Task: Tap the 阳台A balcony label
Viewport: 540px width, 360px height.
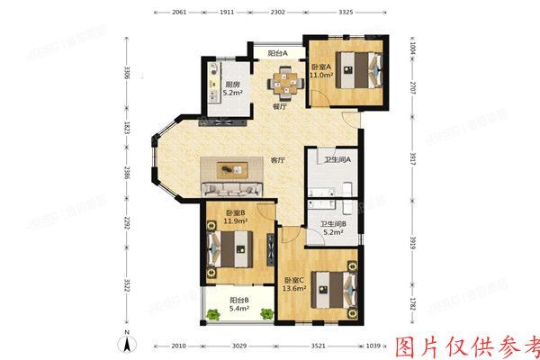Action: pyautogui.click(x=277, y=53)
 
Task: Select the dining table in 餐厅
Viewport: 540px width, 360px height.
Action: pyautogui.click(x=283, y=83)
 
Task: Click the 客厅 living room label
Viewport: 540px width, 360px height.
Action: pyautogui.click(x=278, y=160)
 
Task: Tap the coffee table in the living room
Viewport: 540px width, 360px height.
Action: pyautogui.click(x=233, y=167)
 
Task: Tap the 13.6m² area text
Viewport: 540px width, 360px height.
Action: pyautogui.click(x=295, y=289)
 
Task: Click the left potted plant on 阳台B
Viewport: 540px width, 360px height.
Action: pyautogui.click(x=213, y=314)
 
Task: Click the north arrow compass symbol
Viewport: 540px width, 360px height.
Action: pyautogui.click(x=128, y=341)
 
